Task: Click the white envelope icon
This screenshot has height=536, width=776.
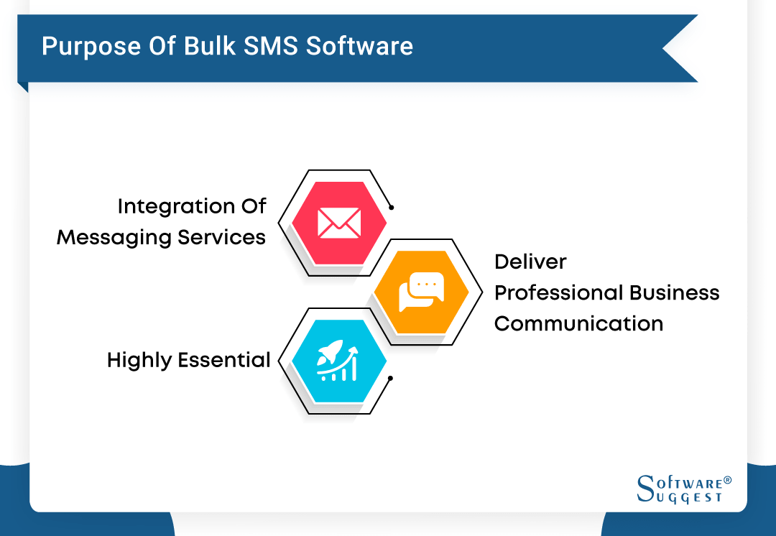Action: (339, 222)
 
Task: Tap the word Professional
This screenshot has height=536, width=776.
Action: (558, 293)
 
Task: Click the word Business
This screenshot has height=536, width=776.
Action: (674, 293)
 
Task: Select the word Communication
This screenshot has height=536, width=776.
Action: (578, 324)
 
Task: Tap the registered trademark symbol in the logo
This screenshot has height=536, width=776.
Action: (727, 479)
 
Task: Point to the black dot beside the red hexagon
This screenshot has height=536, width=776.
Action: (392, 208)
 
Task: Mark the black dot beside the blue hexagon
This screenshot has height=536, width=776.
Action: (390, 378)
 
